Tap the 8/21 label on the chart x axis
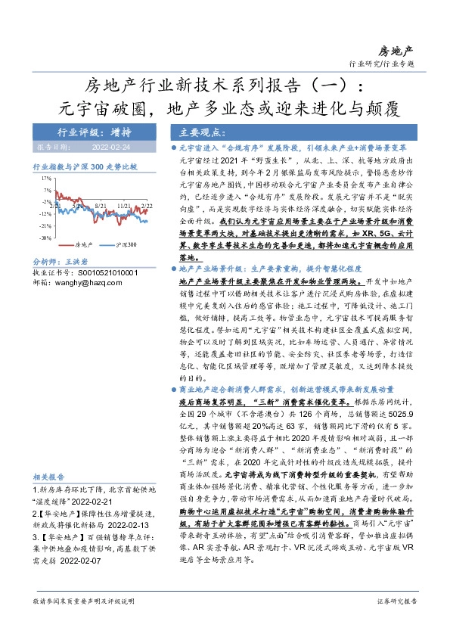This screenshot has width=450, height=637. click(x=101, y=205)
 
